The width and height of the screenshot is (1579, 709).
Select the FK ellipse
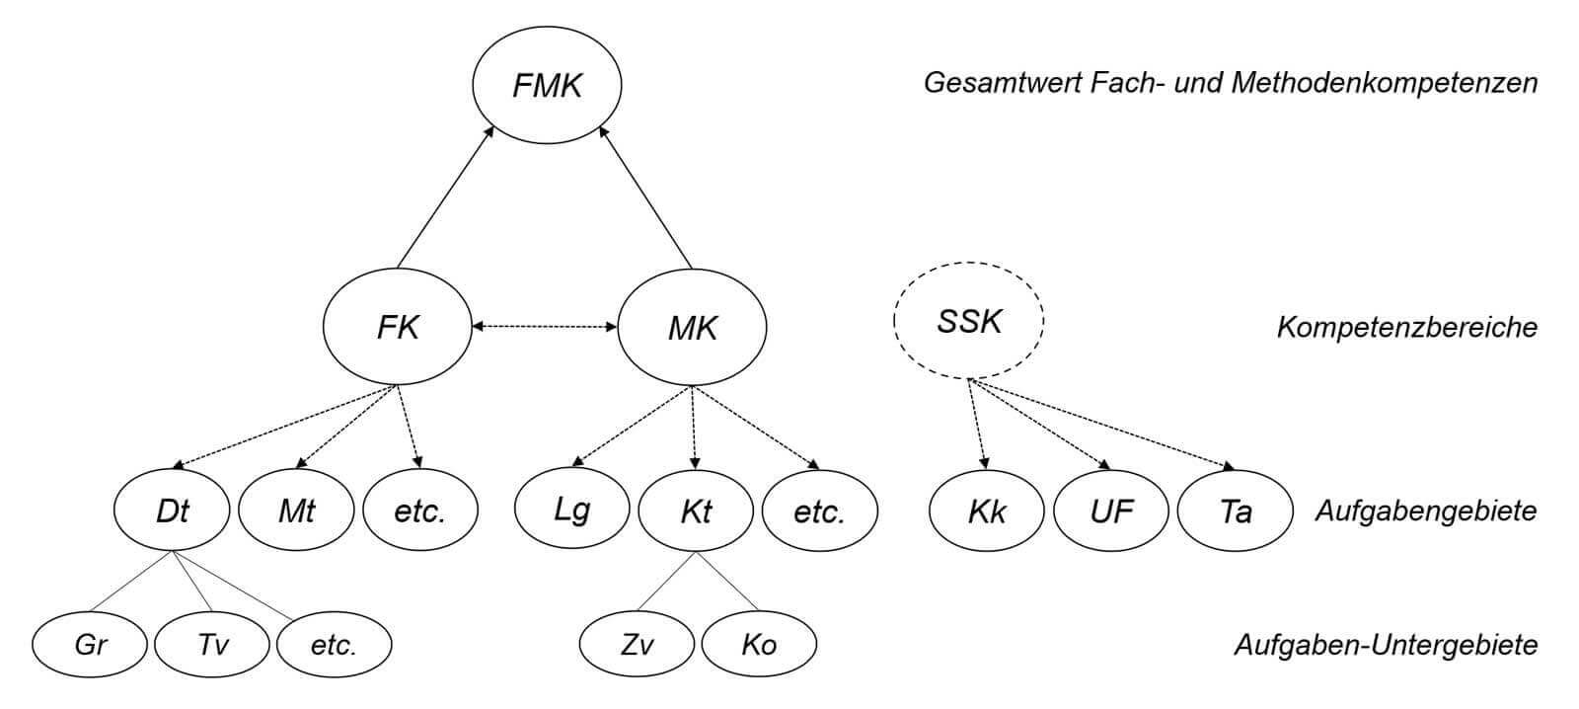[398, 327]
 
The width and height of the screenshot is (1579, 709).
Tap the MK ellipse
[692, 327]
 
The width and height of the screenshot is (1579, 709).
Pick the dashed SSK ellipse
[968, 320]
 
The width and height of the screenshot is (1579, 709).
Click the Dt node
[173, 511]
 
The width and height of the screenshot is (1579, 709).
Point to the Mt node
[296, 511]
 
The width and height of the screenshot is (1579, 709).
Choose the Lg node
[571, 510]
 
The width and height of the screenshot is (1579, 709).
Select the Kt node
[696, 511]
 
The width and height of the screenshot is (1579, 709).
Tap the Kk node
[987, 511]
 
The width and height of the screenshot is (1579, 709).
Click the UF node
[1111, 511]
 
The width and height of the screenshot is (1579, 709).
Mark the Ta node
[1235, 511]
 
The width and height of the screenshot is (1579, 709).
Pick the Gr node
[90, 645]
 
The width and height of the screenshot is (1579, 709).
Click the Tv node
[212, 645]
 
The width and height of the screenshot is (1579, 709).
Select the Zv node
[637, 645]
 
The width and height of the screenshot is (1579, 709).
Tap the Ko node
[759, 645]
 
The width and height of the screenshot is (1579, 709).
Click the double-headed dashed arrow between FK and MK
[545, 326]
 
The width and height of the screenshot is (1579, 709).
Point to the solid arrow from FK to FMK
[444, 197]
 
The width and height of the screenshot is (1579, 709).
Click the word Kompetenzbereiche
[1406, 327]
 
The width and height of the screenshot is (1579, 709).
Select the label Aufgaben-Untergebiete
[1386, 645]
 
